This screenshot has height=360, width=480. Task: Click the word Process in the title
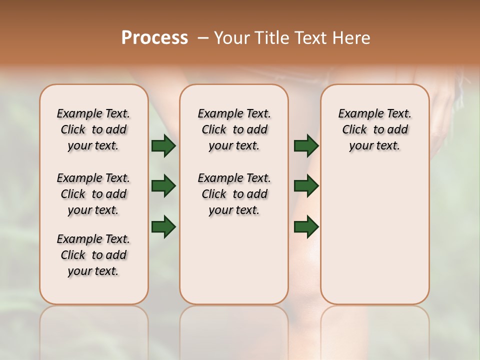pos(154,38)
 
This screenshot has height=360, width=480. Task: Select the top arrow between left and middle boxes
pos(163,146)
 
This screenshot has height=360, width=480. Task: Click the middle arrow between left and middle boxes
pos(163,186)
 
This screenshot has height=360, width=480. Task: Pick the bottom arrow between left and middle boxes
pos(163,226)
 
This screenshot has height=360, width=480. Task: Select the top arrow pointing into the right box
pos(306,146)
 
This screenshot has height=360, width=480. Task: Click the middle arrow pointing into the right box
pos(306,186)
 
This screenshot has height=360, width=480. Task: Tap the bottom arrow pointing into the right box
pos(306,226)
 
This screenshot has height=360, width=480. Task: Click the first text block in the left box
pos(93,129)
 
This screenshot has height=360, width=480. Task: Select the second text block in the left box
pos(93,194)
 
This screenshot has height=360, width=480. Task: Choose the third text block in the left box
pos(93,255)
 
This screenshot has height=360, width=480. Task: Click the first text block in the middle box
pos(234,129)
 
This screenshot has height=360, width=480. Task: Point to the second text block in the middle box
pos(234,194)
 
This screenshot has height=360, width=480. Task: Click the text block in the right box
pos(375,129)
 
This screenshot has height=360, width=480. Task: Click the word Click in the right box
pos(354,129)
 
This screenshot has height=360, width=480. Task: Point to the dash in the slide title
pos(203,38)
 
